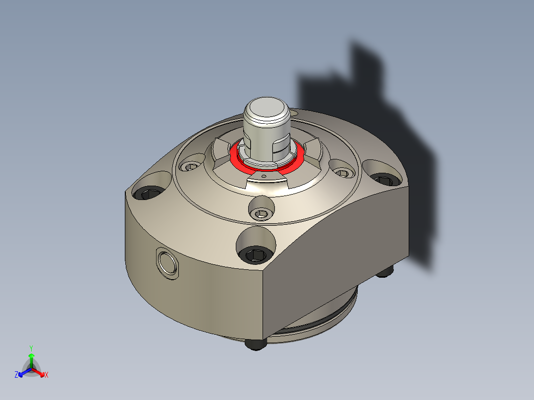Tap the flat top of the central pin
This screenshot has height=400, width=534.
267,106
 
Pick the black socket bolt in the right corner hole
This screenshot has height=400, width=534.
385,179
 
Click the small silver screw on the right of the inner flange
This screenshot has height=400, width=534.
342,173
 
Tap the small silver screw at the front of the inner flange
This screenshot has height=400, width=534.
261,214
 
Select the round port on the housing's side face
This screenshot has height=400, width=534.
167,263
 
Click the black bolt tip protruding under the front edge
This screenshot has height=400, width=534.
256,344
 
